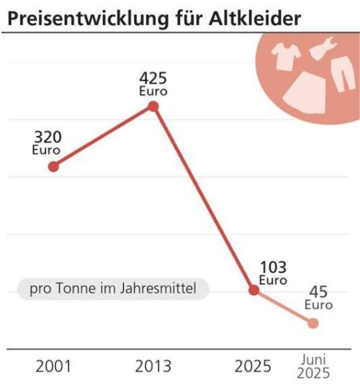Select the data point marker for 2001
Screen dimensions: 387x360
point(53,166)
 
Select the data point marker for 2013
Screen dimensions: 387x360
point(153,106)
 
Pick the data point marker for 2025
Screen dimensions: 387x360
point(253,290)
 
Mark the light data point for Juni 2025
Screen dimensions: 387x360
point(313,323)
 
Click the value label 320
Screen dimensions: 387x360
point(47,137)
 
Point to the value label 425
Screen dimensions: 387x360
point(153,78)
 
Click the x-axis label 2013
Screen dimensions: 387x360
point(153,367)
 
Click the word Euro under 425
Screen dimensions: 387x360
point(153,91)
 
